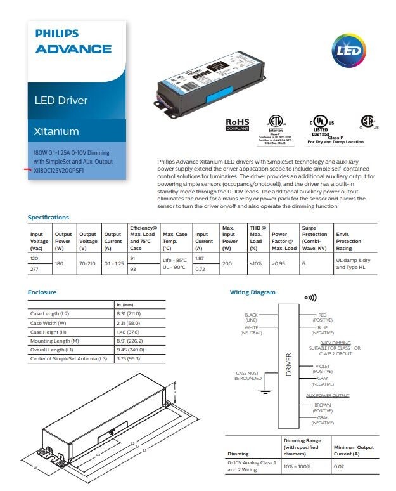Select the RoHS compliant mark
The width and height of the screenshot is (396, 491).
point(238,124)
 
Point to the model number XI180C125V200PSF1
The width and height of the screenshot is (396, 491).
point(58,171)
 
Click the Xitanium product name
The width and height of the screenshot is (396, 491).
point(56,132)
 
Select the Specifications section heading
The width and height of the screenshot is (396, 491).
point(48,218)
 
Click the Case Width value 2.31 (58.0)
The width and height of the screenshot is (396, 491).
point(129,323)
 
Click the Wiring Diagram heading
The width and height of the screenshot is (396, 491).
point(252,292)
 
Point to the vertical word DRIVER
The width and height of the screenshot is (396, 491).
point(289,365)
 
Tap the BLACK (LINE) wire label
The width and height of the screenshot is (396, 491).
point(251,317)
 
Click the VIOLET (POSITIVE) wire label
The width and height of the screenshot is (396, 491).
point(323,369)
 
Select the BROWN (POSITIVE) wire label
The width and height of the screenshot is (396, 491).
point(323,407)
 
